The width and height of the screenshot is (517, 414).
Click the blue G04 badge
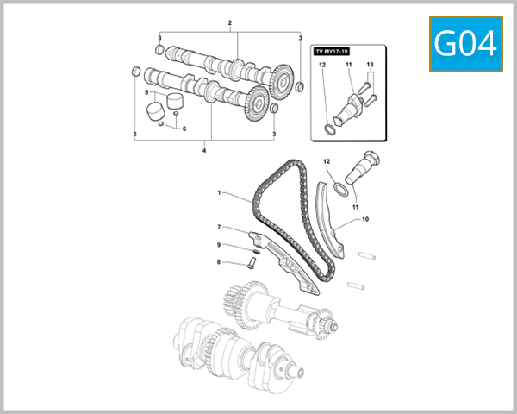click(465, 44)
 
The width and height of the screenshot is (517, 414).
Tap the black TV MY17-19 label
click(332, 53)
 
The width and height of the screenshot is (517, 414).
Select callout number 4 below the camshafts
click(204, 151)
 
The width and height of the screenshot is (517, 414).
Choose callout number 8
click(219, 261)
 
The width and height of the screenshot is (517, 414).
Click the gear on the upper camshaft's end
click(278, 84)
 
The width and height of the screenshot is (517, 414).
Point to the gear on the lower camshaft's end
click(254, 106)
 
